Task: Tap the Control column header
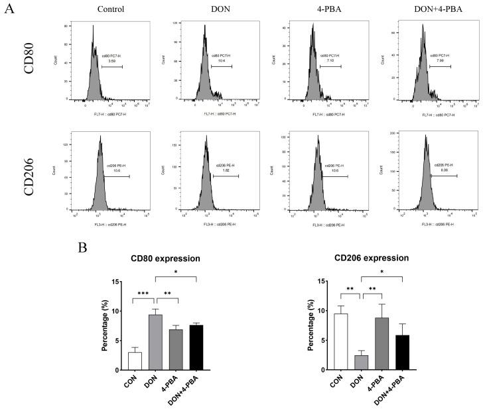click(111, 9)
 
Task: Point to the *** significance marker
click(143, 292)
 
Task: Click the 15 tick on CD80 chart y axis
click(115, 282)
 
